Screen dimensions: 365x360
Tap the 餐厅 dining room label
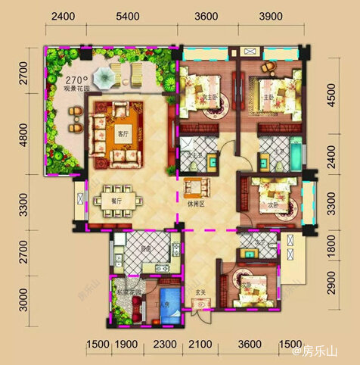pyautogui.click(x=98, y=201)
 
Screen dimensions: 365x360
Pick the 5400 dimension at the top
pyautogui.click(x=129, y=16)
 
